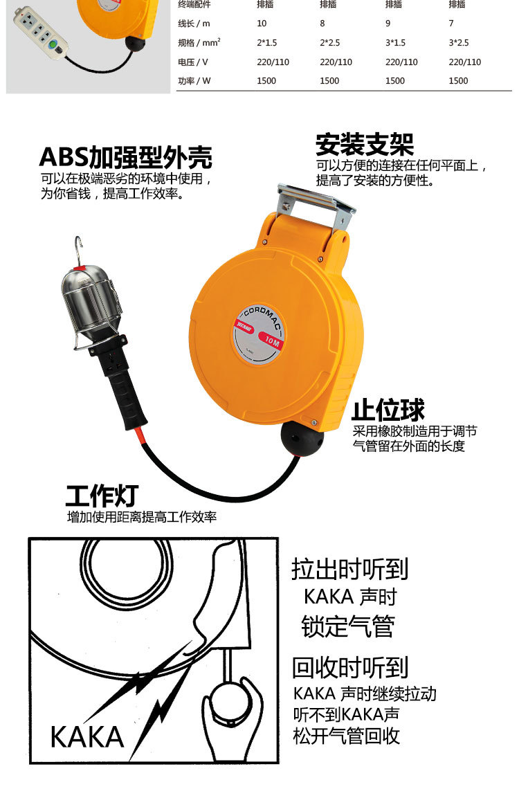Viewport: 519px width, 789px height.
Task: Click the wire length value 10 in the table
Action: point(262,23)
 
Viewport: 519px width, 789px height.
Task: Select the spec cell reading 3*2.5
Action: point(459,43)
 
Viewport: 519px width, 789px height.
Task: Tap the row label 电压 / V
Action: point(192,62)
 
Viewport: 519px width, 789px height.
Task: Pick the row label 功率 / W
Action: point(194,80)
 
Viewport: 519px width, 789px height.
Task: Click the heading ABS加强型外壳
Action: point(126,158)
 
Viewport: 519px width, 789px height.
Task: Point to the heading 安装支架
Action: point(365,145)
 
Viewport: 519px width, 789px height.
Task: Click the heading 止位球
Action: point(388,410)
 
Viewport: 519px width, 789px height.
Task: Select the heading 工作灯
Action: point(102,496)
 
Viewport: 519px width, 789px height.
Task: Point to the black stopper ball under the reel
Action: point(301,438)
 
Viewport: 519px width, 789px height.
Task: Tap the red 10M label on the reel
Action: point(271,340)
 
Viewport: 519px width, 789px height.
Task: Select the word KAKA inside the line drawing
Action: point(87,737)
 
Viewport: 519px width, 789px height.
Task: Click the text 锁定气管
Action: point(348,626)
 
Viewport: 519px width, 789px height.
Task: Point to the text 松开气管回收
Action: point(347,736)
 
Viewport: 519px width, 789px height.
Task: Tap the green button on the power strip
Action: point(52,45)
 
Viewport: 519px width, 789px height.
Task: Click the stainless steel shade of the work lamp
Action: point(91,301)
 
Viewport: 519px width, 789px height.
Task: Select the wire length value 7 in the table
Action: point(451,23)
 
